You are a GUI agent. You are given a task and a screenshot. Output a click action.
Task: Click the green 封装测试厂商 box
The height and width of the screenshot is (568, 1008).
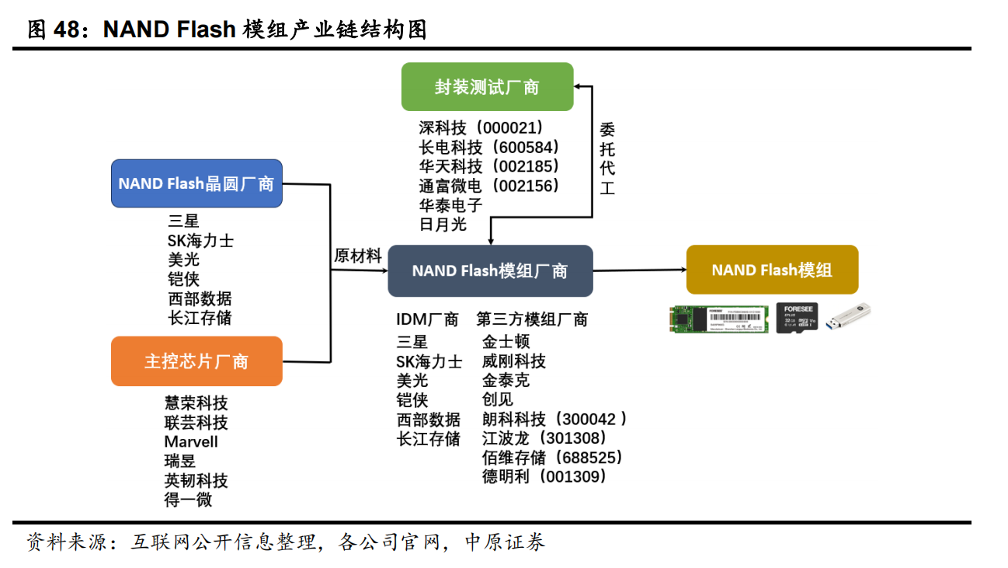coord(487,87)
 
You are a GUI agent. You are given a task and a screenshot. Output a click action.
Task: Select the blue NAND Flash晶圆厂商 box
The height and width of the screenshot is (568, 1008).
coord(196,184)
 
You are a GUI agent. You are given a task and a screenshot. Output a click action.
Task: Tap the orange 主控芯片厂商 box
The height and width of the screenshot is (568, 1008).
coord(196,361)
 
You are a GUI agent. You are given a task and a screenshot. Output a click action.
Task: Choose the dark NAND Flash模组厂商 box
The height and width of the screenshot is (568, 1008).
coord(490,270)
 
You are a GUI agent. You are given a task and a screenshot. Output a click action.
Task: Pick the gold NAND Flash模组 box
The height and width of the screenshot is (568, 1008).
coord(772,270)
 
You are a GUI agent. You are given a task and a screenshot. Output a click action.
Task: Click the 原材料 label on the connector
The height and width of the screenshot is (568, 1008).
coord(358,256)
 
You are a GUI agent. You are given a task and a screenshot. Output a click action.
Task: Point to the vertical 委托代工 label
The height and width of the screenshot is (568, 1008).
coord(607,159)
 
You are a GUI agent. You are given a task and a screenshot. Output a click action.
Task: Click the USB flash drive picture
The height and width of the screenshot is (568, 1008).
coord(847,316)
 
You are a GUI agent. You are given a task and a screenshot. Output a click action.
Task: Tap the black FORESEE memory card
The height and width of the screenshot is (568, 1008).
coord(796,317)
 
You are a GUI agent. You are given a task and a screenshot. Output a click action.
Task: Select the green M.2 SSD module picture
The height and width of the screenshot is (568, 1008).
coord(718,318)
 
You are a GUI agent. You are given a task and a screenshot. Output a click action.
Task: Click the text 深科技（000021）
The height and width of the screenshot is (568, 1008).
coord(481,127)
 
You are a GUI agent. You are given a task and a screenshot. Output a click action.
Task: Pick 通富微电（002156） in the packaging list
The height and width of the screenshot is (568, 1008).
coord(488,186)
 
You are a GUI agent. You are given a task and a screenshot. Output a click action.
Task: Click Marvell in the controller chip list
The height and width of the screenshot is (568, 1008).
coord(191,441)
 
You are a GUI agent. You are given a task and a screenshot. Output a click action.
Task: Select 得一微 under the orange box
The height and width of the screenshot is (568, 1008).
coord(188,500)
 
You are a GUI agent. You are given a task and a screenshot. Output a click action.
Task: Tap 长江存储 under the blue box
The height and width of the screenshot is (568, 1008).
coord(200,318)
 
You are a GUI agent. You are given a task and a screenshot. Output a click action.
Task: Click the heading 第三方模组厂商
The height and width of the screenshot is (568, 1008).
coord(532,319)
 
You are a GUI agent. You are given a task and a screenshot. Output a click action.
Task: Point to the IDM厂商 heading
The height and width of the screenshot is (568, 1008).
coord(427,319)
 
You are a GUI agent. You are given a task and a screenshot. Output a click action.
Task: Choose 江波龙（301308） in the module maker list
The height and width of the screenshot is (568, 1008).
coord(544,438)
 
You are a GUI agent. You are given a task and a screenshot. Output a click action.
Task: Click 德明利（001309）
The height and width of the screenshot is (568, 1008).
coord(544,476)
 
